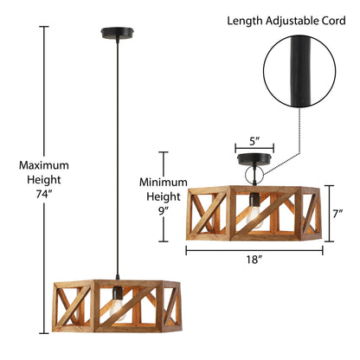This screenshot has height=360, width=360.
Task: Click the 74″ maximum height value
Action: (44, 194)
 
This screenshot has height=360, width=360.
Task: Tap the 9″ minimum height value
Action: (164, 211)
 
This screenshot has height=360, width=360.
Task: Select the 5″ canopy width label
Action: (254, 141)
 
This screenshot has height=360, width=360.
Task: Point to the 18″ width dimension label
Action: (254, 260)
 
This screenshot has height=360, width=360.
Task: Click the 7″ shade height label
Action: (337, 214)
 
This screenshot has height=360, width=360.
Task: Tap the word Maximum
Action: (44, 165)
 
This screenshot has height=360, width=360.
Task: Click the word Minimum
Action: (164, 183)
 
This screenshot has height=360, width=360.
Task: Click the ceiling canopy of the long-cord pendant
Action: (117, 33)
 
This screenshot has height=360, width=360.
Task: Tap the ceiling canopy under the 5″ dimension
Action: (254, 159)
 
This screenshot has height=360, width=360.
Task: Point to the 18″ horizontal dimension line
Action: (254, 251)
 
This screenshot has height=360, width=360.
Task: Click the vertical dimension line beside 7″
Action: (329, 214)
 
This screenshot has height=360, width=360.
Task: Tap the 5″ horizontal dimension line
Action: (254, 149)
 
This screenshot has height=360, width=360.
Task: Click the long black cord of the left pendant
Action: (117, 157)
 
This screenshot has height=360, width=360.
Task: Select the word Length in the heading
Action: (245, 21)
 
